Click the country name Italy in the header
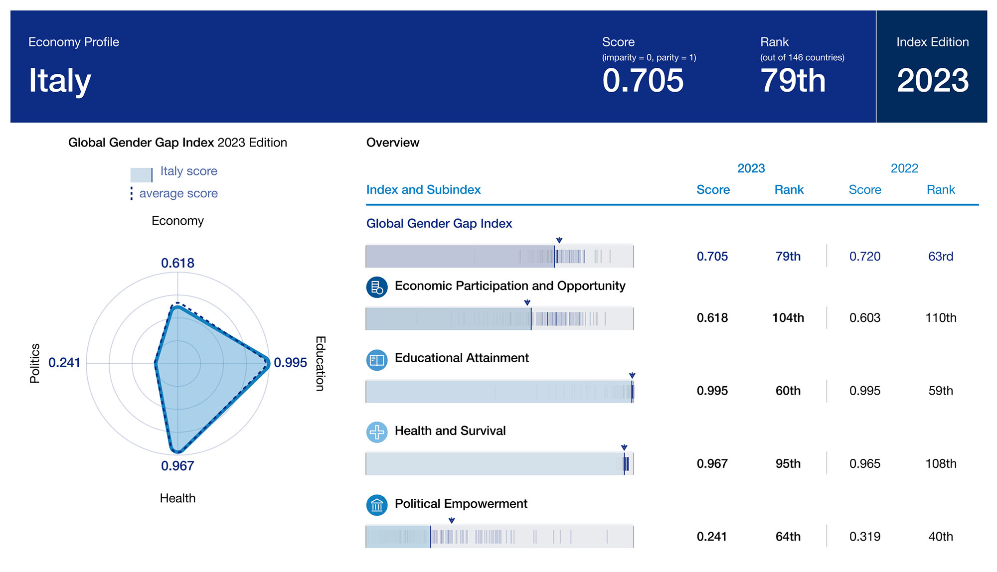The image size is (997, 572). click(x=60, y=81)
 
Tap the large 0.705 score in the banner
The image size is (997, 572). click(x=643, y=81)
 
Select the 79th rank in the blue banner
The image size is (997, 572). click(x=793, y=81)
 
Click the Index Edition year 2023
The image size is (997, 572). click(x=932, y=81)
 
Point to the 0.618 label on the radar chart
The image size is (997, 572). click(x=177, y=263)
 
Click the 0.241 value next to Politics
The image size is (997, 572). click(x=64, y=363)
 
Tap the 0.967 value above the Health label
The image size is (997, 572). click(x=177, y=466)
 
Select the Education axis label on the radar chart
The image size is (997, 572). click(x=320, y=363)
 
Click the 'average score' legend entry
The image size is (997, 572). click(x=178, y=193)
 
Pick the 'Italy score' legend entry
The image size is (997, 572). click(x=188, y=171)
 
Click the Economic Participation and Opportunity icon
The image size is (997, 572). click(x=377, y=287)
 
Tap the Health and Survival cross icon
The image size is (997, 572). click(x=377, y=432)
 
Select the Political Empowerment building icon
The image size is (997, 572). click(x=377, y=505)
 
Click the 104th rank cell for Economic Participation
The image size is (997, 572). click(x=788, y=318)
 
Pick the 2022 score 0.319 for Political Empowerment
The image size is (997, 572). click(x=864, y=537)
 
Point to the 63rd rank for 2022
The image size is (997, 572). click(x=940, y=257)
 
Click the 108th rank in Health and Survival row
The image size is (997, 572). click(x=940, y=464)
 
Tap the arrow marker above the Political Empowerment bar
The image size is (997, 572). click(x=452, y=521)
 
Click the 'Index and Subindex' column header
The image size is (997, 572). click(x=423, y=190)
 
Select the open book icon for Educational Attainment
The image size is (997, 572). click(x=377, y=360)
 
